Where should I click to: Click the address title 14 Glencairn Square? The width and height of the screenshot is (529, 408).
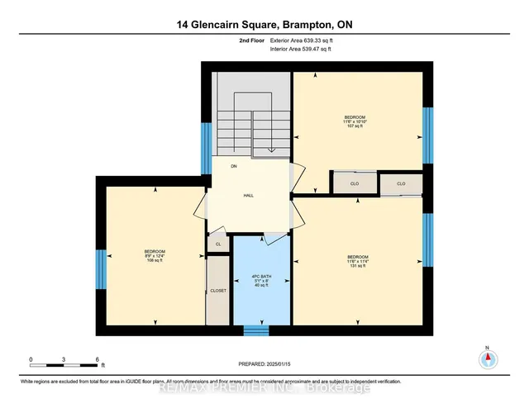[x=264, y=25]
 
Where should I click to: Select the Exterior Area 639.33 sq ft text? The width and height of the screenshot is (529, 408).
[x=304, y=40]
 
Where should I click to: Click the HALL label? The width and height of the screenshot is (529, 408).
[x=248, y=196]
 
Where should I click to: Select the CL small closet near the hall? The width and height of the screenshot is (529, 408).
[x=218, y=244]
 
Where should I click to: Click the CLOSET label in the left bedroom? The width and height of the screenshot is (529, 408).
[x=217, y=291]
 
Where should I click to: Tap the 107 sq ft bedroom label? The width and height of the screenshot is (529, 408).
[x=355, y=123]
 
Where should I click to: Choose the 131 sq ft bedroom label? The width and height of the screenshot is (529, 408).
[x=357, y=262]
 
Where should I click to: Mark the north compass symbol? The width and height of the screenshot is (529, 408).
[x=488, y=359]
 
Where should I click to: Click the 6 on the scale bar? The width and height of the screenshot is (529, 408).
[x=98, y=359]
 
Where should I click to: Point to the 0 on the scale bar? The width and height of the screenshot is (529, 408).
[x=31, y=359]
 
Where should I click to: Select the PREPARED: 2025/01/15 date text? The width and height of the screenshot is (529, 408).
[x=264, y=363]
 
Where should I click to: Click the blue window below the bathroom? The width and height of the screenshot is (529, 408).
[x=256, y=331]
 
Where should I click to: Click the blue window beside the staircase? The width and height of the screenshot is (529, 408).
[x=206, y=148]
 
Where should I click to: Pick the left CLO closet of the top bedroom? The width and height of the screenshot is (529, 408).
[x=354, y=183]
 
